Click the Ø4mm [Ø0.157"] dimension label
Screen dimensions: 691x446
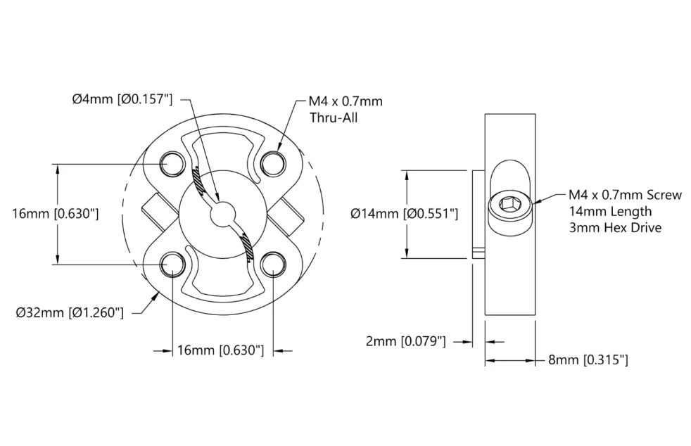click(x=122, y=99)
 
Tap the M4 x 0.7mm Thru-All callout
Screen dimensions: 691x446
click(x=345, y=109)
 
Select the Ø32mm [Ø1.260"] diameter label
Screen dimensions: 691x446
click(x=70, y=312)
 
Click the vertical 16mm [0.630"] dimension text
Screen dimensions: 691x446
click(x=56, y=214)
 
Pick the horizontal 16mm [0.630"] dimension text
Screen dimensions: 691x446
click(x=220, y=350)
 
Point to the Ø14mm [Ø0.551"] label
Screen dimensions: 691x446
click(x=404, y=214)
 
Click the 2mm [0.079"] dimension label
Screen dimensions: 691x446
click(x=406, y=341)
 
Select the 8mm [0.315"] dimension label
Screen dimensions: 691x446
click(x=588, y=360)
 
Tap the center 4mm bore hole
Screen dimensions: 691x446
click(x=223, y=214)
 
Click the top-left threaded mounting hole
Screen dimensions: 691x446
click(x=172, y=165)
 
